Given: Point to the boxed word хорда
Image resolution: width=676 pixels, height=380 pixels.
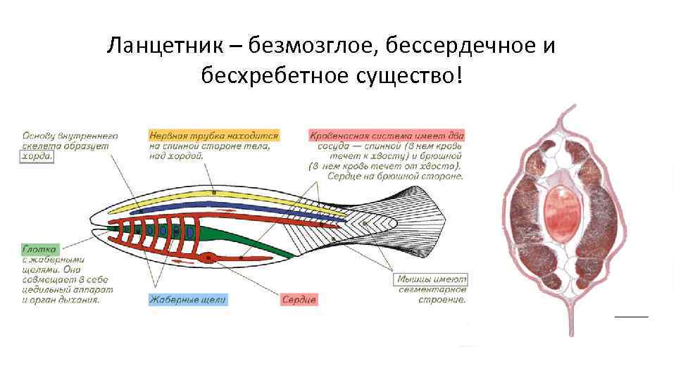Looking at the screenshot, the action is [x=37, y=157].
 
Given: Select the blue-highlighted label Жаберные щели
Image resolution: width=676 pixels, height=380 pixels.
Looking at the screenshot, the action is [x=188, y=300].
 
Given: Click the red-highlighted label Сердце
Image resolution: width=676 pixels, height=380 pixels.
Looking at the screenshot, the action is [x=299, y=300].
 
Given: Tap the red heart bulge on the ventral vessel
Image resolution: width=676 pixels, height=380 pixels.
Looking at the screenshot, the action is [x=208, y=258].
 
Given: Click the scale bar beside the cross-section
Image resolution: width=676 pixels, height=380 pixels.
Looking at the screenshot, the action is [x=631, y=317].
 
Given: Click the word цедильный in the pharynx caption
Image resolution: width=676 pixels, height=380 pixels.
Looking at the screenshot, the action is [x=46, y=289].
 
